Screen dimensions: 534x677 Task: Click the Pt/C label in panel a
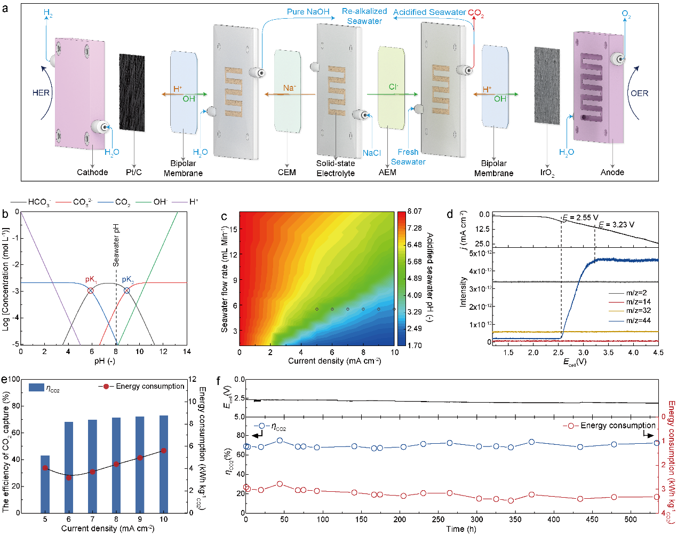[x=134, y=172]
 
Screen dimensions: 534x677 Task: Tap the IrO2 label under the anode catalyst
[x=547, y=172]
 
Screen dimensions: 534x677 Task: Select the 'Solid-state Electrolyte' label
[x=336, y=168]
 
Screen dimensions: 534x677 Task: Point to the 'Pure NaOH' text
[x=308, y=12]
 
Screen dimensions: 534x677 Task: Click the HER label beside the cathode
[x=41, y=93]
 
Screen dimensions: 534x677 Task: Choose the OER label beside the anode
[x=639, y=93]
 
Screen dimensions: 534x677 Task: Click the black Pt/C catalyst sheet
[x=132, y=92]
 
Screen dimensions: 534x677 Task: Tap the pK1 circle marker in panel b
[x=91, y=290]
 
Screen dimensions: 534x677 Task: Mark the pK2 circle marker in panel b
[x=127, y=290]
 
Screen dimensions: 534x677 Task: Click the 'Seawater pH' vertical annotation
[x=116, y=245]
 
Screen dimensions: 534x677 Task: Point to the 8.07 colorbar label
[x=415, y=211]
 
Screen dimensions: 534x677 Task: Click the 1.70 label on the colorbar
[x=415, y=345]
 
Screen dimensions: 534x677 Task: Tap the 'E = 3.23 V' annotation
[x=617, y=225]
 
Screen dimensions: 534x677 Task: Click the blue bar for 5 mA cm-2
[x=45, y=484]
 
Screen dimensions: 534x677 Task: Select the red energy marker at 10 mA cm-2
[x=164, y=451]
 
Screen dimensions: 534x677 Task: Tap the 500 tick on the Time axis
[x=631, y=519]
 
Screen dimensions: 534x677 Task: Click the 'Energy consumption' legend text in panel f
[x=618, y=426]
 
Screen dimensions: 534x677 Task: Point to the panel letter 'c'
[x=224, y=216]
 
